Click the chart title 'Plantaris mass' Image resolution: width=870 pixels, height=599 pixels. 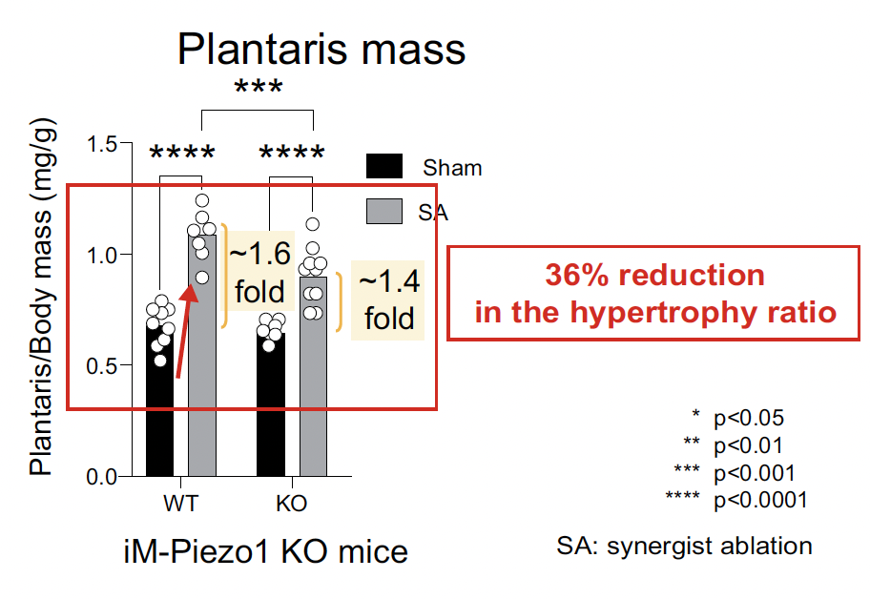(x=321, y=50)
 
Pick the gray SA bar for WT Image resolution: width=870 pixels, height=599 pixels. (x=202, y=356)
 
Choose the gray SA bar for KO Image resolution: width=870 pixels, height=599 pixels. (x=313, y=376)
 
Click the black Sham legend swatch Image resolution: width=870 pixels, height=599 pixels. (x=384, y=166)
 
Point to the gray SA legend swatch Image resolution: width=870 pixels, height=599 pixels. (x=384, y=212)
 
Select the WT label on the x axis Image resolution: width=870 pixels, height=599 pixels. (x=181, y=504)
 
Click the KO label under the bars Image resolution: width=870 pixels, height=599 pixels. (x=291, y=504)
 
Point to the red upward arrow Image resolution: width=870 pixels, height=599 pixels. (x=186, y=331)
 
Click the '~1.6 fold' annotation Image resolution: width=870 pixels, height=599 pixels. (x=259, y=273)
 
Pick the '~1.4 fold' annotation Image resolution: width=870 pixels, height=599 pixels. (x=388, y=299)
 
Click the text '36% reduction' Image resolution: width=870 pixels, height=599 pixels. (x=654, y=275)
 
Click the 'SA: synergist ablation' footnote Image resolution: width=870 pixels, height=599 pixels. (x=685, y=547)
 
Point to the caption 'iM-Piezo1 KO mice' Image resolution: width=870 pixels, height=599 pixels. (x=266, y=552)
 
